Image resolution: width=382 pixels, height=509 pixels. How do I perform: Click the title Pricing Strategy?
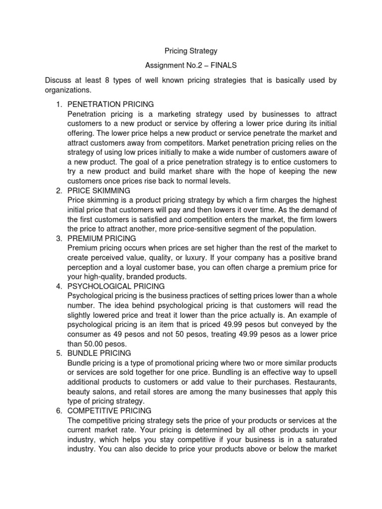coord(191,51)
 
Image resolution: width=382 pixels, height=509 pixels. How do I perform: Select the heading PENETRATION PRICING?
coord(110,104)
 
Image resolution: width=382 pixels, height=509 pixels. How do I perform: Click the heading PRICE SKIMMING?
coord(98,190)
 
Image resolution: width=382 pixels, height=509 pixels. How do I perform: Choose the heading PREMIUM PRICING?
coord(103,239)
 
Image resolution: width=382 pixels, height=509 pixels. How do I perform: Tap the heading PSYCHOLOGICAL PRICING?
coord(116,286)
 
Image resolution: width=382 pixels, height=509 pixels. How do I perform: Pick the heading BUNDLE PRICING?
coord(99,353)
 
